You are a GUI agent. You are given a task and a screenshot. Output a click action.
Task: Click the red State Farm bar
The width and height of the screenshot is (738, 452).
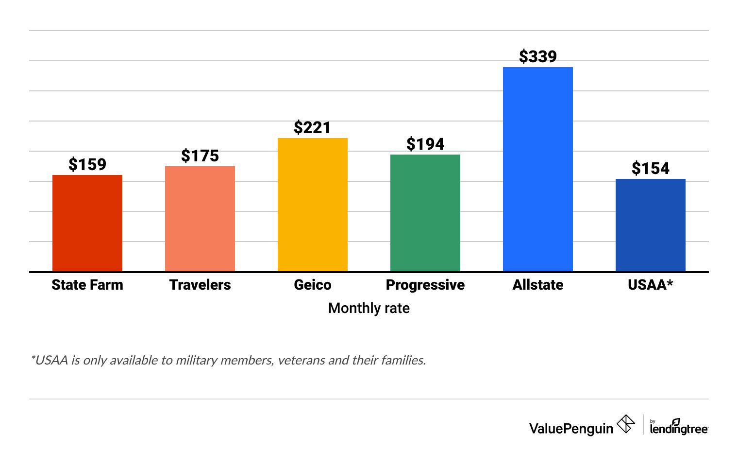point(87,223)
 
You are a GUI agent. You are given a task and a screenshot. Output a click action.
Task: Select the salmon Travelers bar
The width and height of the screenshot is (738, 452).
point(200,219)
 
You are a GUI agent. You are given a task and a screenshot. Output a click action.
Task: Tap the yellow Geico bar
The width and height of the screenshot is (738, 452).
point(313,205)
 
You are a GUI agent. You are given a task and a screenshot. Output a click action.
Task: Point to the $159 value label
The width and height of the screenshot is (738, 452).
point(87,165)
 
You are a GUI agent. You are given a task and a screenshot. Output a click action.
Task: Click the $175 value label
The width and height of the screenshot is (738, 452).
point(200,156)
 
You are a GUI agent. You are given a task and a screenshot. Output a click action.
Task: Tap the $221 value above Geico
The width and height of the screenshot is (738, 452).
point(313,128)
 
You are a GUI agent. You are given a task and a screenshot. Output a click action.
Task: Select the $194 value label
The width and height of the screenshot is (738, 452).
point(425,144)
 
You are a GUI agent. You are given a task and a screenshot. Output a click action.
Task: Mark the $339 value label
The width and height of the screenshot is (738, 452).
point(538,57)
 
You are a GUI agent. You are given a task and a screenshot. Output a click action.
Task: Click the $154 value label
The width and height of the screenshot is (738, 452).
point(651,169)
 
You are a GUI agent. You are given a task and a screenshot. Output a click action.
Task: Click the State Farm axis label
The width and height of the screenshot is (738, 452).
point(87,285)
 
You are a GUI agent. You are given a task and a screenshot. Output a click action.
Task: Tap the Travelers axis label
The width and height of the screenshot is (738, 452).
point(200,285)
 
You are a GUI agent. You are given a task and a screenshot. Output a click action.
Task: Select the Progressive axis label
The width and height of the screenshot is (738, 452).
point(425,285)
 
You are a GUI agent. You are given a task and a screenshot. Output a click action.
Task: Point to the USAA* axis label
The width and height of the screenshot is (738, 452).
point(651,285)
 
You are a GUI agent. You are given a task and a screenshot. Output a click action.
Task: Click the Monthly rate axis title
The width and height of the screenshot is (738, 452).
point(369,308)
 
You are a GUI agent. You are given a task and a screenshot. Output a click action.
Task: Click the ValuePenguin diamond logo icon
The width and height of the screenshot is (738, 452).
point(626,424)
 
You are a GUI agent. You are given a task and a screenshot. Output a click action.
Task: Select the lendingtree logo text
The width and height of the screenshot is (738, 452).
point(679,428)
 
